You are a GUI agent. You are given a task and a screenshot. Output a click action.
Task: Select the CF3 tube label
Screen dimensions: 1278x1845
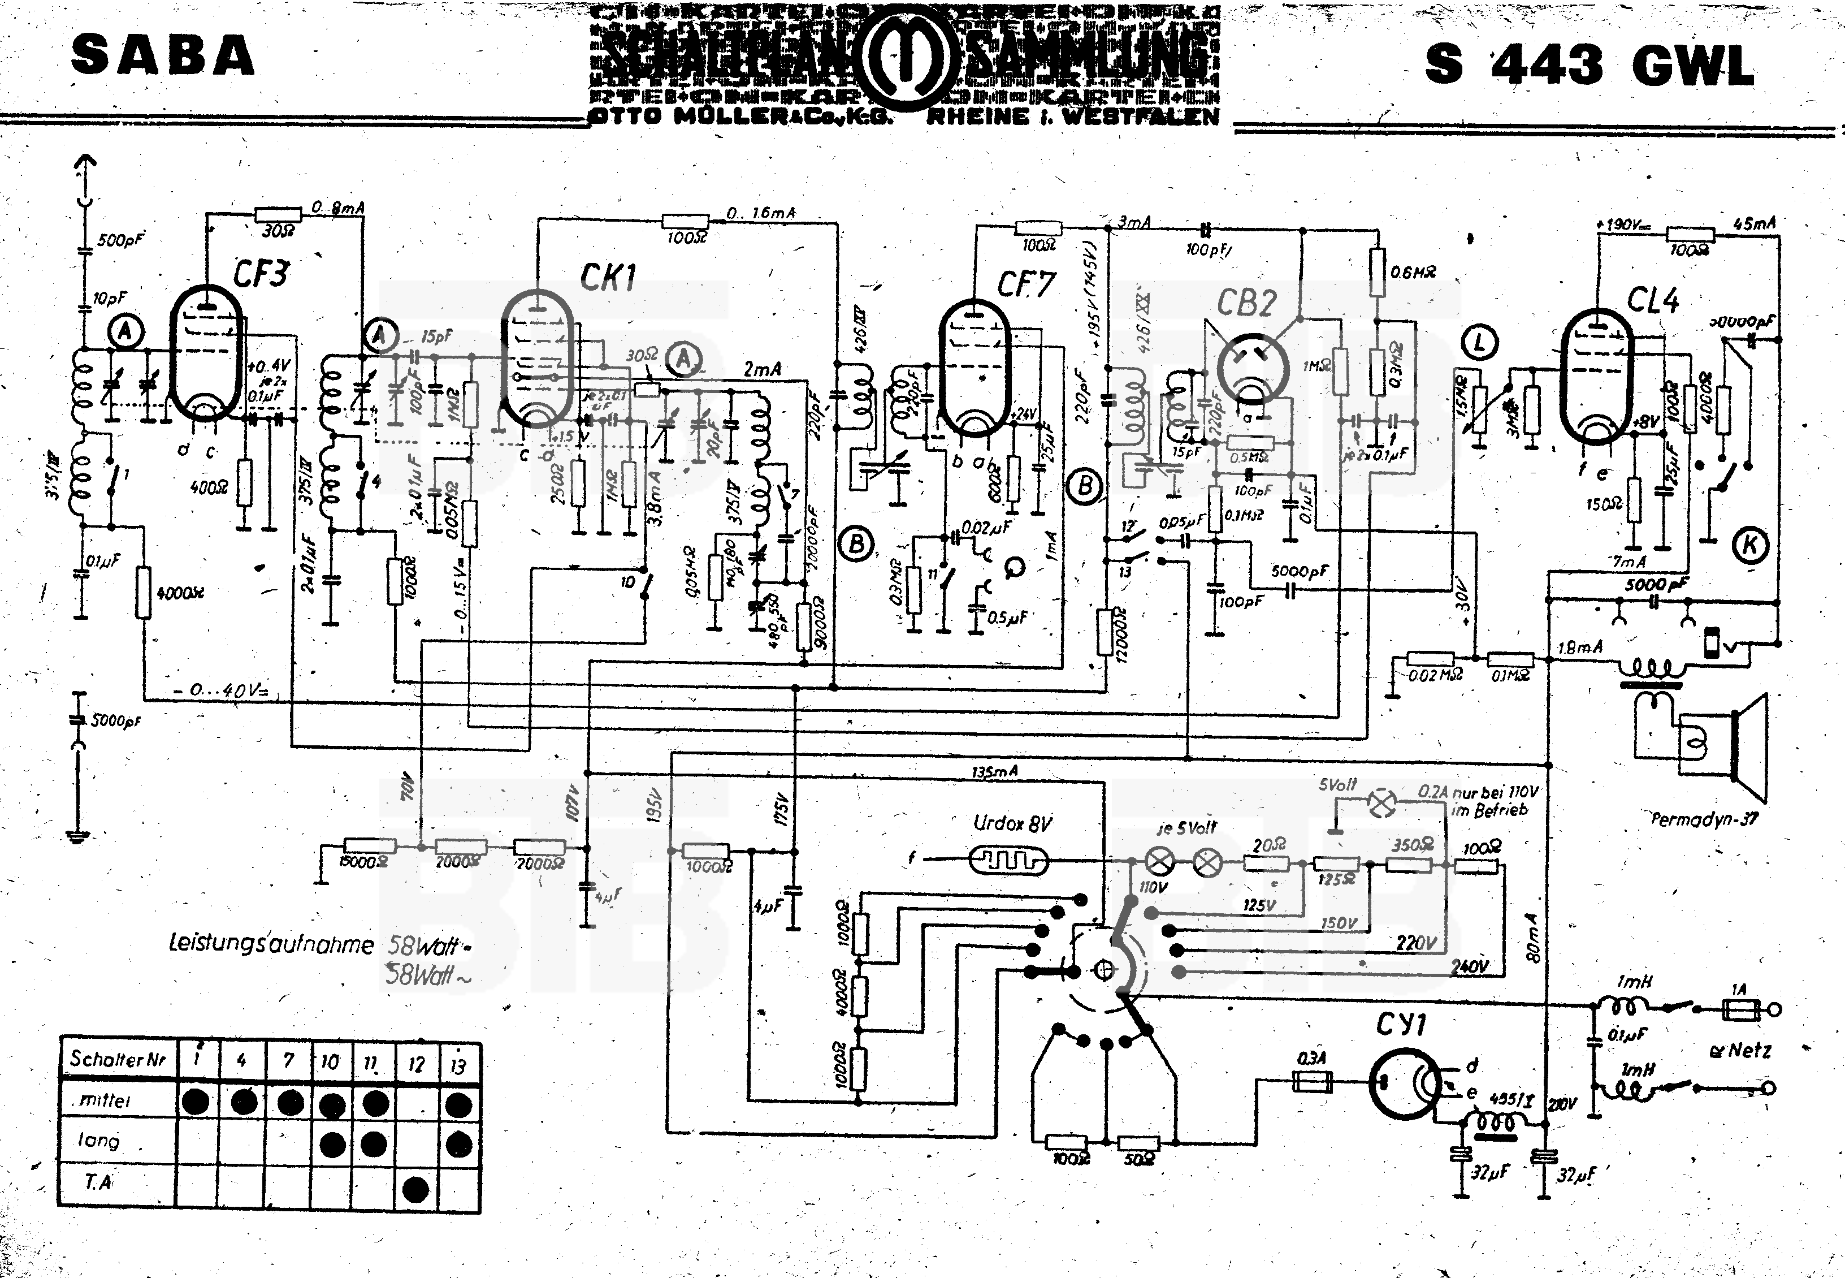coord(261,273)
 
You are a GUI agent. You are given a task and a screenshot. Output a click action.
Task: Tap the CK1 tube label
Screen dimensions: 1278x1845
coord(608,277)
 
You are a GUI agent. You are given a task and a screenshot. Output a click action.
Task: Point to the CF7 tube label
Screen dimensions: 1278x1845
coord(1026,284)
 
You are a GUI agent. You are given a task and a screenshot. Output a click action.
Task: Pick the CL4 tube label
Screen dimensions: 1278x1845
coord(1653,300)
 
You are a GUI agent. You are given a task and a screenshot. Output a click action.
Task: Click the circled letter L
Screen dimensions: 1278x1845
coord(1479,343)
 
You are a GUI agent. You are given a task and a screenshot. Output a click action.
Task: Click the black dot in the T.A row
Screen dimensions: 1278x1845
coord(415,1189)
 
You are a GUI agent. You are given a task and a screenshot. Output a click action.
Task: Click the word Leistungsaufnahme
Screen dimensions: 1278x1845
coord(271,944)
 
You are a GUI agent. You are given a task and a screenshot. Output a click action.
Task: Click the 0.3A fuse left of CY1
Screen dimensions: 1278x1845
coord(1313,1081)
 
